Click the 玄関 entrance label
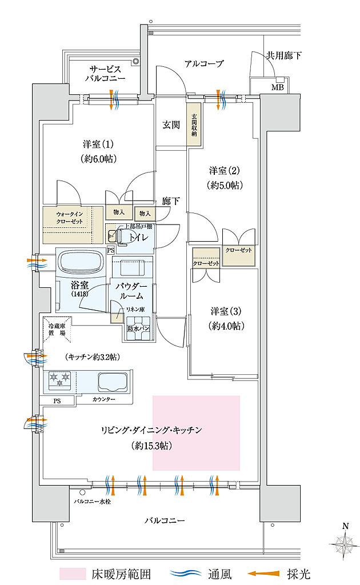[171, 125]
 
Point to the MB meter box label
[277, 87]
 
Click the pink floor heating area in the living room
[196, 432]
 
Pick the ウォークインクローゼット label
[71, 219]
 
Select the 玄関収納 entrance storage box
[194, 125]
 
